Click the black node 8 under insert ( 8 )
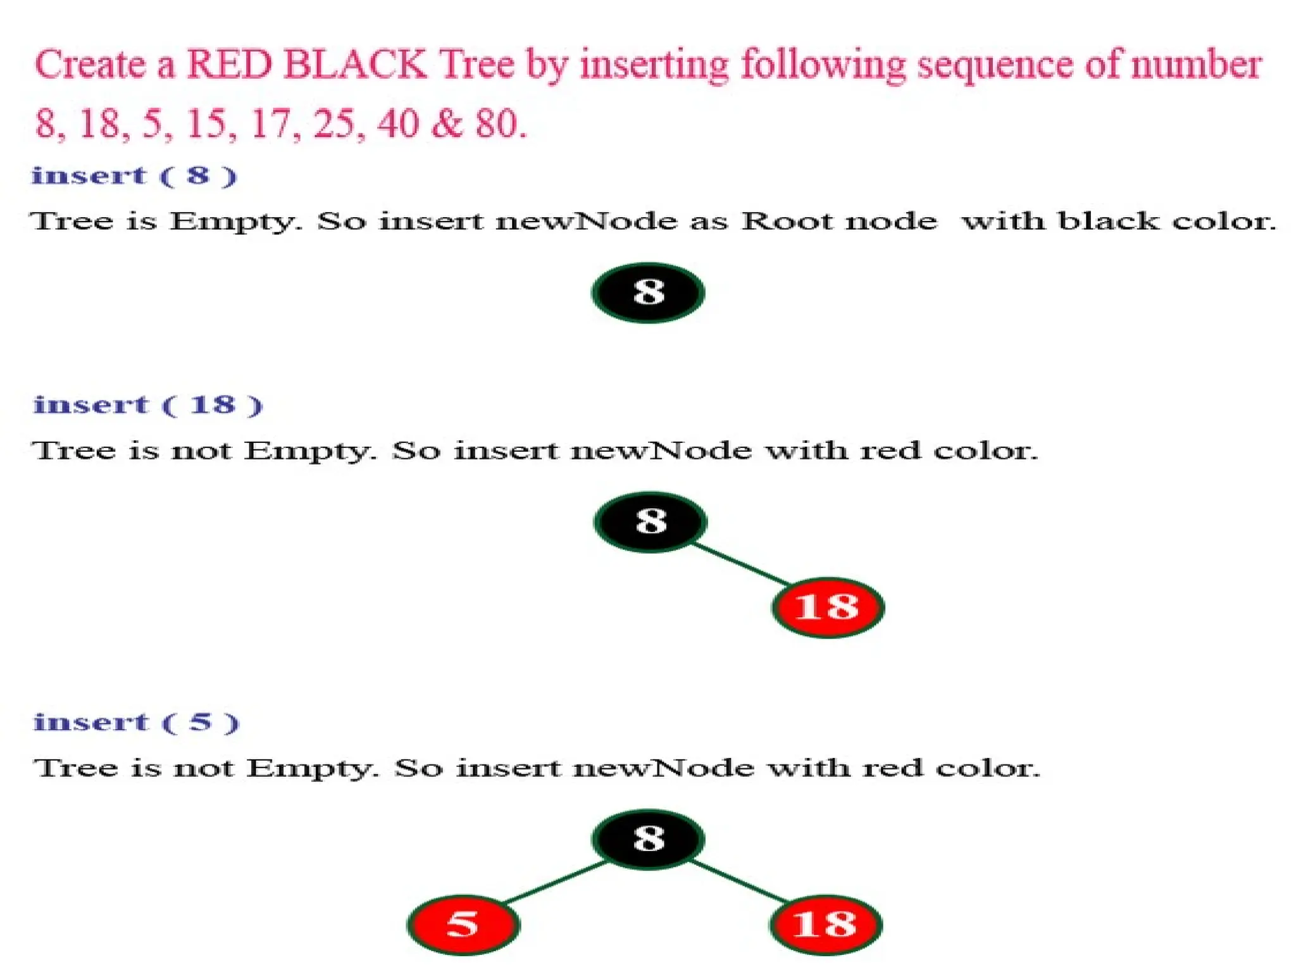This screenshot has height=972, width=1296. point(648,292)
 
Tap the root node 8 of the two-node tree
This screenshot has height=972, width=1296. point(651,522)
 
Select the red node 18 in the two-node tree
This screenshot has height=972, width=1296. point(827,607)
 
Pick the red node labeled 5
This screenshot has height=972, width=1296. point(463,925)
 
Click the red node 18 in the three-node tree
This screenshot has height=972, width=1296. point(825,925)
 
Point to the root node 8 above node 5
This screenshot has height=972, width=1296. point(648,839)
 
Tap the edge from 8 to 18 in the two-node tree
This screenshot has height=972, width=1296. point(740,564)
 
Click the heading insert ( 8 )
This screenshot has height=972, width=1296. point(134,176)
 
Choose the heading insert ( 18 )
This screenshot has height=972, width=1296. point(147,405)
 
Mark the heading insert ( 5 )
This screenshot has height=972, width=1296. point(136,722)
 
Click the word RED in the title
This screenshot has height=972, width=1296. point(230,65)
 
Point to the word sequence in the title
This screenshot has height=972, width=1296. point(994,65)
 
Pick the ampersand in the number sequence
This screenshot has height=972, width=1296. point(447,123)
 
